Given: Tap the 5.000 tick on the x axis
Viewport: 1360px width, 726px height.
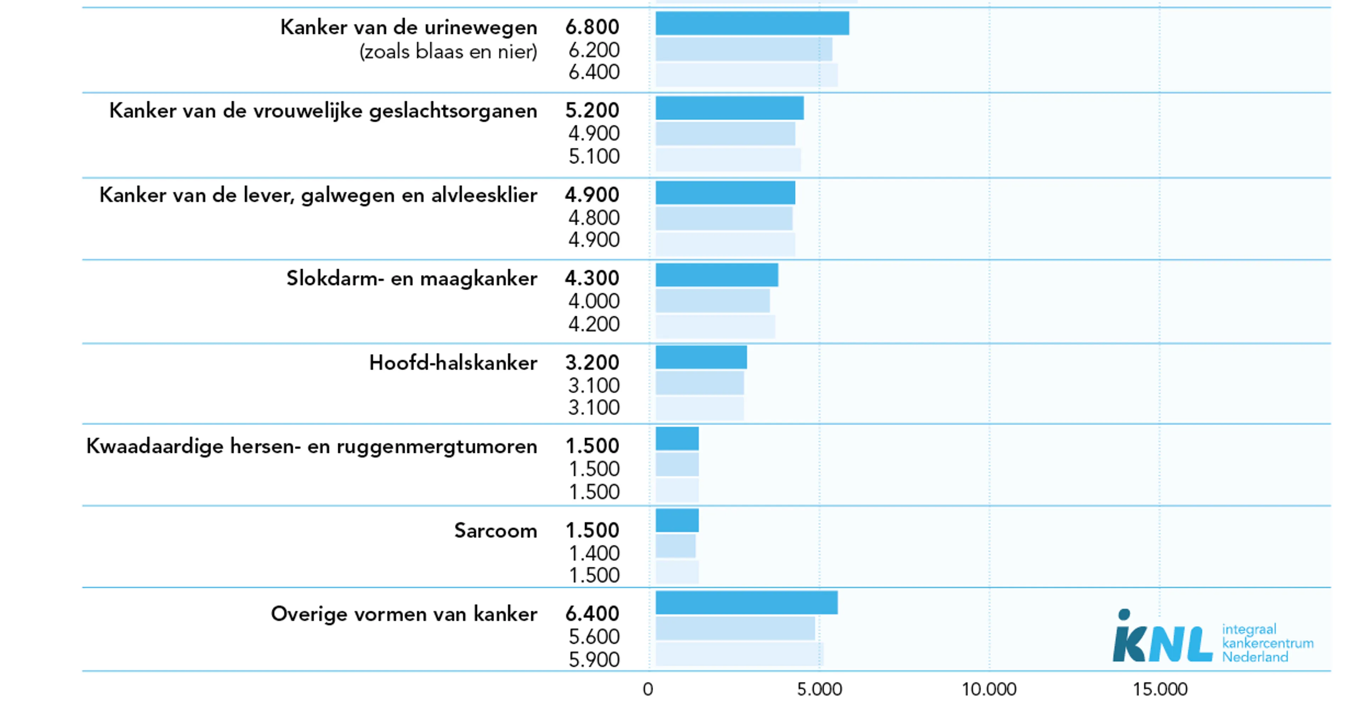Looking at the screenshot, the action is (x=820, y=689).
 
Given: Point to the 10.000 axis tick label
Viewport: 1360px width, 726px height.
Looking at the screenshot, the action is (x=989, y=689).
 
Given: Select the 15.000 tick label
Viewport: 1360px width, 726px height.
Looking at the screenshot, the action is (x=1160, y=689).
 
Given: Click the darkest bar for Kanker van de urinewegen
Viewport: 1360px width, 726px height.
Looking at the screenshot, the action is (x=752, y=23).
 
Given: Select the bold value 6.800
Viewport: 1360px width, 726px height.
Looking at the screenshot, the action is (x=592, y=27).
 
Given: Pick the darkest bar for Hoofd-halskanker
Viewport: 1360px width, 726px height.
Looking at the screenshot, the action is (x=701, y=357).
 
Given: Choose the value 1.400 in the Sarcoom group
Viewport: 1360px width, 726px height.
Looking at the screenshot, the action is (x=594, y=553).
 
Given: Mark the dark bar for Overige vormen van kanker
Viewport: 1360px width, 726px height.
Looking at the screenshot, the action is (x=747, y=602).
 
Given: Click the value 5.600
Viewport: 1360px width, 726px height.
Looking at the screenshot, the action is (x=594, y=637).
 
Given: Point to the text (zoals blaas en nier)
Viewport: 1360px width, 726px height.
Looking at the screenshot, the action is (x=448, y=52).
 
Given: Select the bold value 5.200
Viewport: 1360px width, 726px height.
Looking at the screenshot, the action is (x=592, y=110).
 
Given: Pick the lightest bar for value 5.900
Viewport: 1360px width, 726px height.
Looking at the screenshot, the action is (x=739, y=654).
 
